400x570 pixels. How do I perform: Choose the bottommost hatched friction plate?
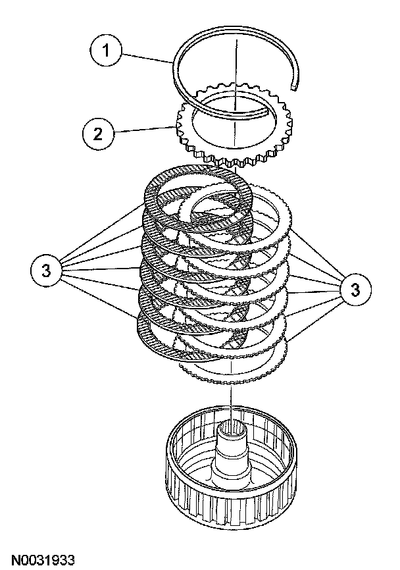pos(148,332)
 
